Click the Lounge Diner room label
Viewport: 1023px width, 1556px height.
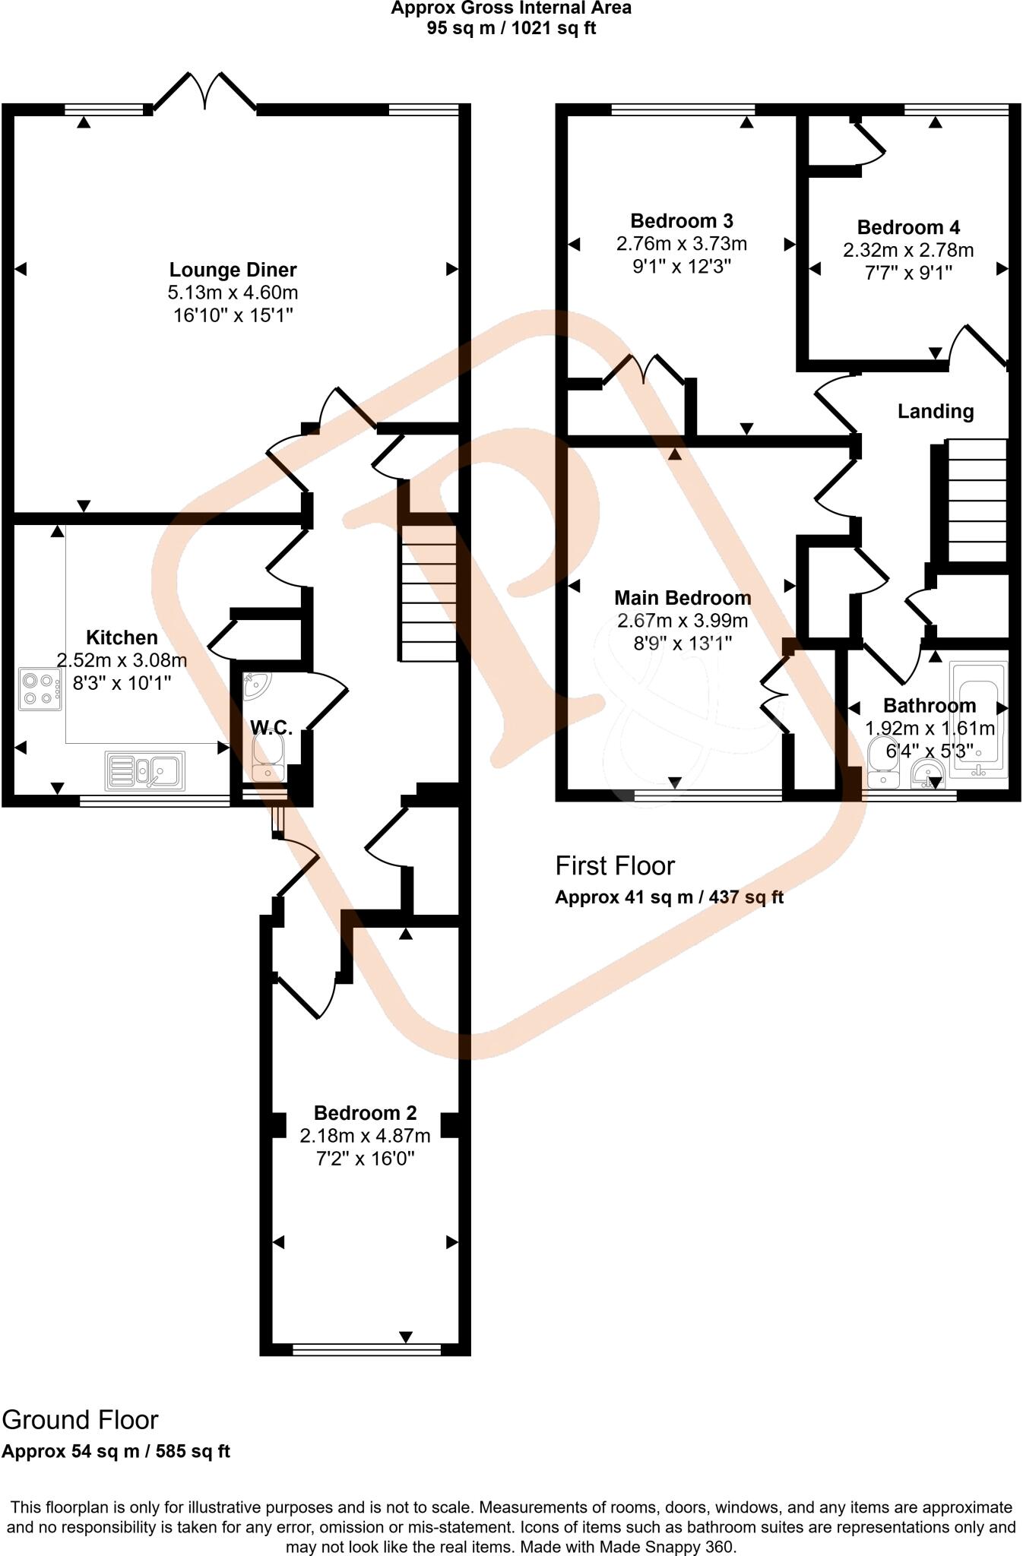click(233, 270)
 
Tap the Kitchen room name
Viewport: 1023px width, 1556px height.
click(122, 637)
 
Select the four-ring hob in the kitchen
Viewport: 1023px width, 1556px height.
click(40, 688)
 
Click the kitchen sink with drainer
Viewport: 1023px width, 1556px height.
click(145, 769)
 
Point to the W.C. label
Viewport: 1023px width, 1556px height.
click(271, 729)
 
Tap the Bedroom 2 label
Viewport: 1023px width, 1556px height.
click(365, 1113)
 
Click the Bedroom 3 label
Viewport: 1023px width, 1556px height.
click(682, 221)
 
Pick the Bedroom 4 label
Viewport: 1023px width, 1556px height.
click(908, 227)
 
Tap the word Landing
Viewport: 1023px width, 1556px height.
click(936, 412)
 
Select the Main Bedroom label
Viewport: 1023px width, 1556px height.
click(683, 598)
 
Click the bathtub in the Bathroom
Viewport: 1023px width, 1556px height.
click(978, 719)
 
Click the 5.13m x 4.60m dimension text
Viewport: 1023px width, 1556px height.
click(233, 293)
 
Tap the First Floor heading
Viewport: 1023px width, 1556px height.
click(615, 865)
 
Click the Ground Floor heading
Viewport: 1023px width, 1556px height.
click(80, 1420)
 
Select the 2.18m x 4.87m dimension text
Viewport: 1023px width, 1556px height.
click(365, 1136)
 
